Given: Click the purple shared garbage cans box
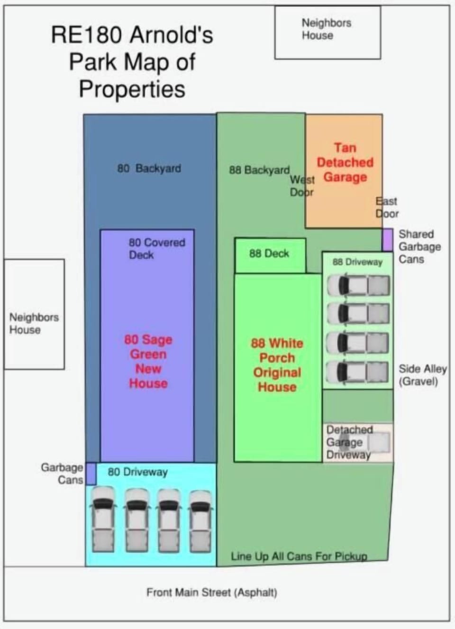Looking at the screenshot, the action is point(388,240).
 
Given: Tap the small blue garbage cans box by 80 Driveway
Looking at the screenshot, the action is point(91,474).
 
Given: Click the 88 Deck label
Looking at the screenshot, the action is point(269,254).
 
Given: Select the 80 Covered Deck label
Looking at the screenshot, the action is point(157,248).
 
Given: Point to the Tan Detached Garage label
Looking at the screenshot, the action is point(345,163).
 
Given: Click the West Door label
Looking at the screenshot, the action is point(302,186).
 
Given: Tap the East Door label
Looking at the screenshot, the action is point(387,208).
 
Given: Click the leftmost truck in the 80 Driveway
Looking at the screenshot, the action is point(103,520).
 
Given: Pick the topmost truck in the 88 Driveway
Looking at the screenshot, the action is point(358,285).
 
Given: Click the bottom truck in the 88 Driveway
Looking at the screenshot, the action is point(358,372).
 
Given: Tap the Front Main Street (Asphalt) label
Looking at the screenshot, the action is point(212,593).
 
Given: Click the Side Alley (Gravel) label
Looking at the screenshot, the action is point(423,375).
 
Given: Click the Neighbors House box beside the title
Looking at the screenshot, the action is point(328,33).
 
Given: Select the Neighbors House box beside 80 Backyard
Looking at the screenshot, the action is point(34,314).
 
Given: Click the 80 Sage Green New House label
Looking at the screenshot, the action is point(148,361).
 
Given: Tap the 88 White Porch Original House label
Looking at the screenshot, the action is point(277,365).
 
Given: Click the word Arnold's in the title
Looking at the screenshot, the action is point(172,35).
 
